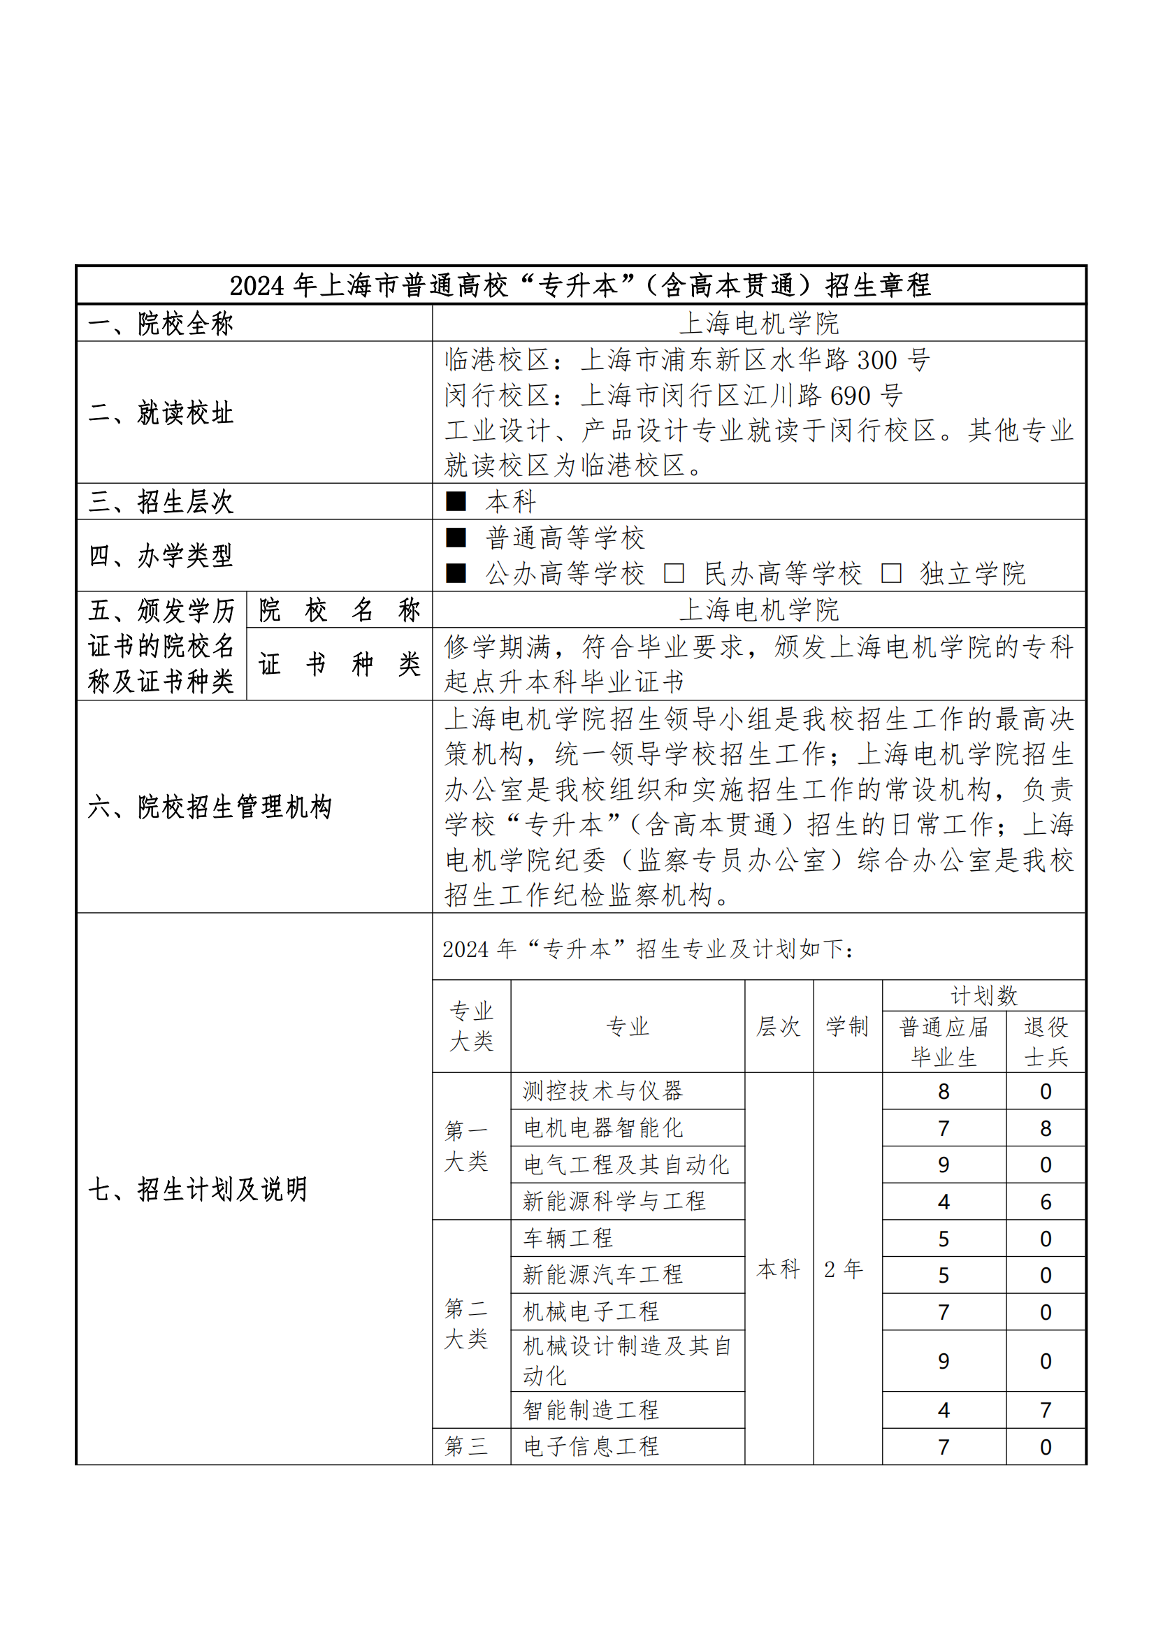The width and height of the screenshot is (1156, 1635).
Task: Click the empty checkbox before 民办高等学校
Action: (673, 573)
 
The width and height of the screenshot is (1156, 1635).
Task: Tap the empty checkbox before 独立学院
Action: (891, 573)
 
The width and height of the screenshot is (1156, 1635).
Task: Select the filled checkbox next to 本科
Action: (456, 501)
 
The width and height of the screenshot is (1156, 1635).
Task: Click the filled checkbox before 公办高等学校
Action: (456, 573)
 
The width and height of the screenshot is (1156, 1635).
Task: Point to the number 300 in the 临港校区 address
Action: (877, 360)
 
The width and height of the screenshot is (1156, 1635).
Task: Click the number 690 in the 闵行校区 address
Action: (850, 396)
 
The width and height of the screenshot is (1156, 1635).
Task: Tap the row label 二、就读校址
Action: (161, 413)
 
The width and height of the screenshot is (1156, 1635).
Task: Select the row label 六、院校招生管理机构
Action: (210, 807)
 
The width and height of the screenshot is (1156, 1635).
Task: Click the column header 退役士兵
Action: (1046, 1042)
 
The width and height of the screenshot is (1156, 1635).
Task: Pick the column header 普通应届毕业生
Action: (944, 1042)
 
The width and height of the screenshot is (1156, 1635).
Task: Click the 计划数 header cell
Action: (984, 995)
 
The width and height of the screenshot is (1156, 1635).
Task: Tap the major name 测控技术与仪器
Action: (603, 1091)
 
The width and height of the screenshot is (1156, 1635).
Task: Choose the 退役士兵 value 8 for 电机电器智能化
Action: (1046, 1128)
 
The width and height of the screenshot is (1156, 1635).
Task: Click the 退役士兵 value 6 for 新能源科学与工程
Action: (1046, 1202)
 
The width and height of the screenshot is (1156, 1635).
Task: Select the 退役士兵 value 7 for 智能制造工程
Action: (1046, 1410)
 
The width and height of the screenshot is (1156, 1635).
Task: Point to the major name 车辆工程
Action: (568, 1239)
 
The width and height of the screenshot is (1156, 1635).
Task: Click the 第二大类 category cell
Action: (467, 1324)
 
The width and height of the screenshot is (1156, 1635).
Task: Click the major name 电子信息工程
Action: (591, 1446)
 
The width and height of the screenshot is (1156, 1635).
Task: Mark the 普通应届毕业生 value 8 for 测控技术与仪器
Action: (944, 1091)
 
